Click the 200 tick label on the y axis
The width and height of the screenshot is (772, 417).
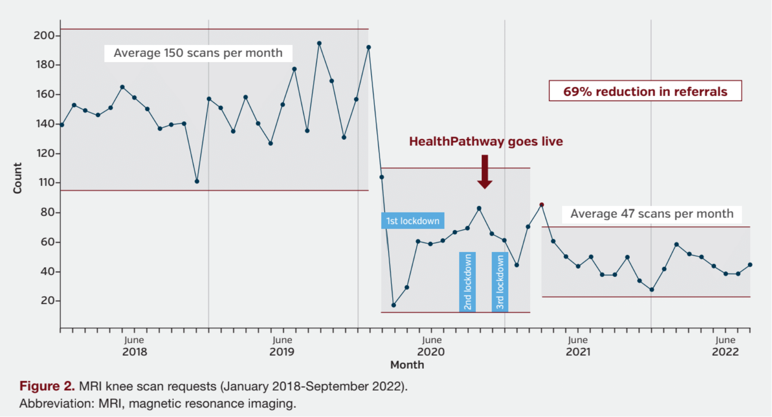coord(44,35)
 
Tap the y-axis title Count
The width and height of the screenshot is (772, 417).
coord(17,178)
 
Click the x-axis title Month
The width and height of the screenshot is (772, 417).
coord(407,365)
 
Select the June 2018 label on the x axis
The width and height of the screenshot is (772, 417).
coord(135,346)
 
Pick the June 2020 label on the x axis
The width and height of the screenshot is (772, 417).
coord(431,346)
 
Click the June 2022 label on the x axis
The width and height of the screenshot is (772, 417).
coord(725,346)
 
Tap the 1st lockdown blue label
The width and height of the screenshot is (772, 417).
coord(412,221)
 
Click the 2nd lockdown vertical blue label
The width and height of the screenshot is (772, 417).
coord(467,281)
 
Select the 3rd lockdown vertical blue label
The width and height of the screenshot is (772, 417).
coord(500,281)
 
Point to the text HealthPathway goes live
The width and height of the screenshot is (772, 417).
coord(486,141)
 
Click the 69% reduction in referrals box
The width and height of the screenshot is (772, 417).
coord(645,91)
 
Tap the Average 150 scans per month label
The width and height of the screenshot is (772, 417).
coord(198,53)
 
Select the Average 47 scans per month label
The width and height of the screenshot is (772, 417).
coord(652,214)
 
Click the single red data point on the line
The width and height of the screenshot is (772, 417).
coord(542,205)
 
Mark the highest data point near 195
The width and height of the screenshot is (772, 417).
coord(319,43)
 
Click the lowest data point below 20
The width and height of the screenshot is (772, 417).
coord(394,305)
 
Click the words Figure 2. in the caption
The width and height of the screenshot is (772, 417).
coord(47,386)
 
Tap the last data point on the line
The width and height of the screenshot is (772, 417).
coord(750,265)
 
